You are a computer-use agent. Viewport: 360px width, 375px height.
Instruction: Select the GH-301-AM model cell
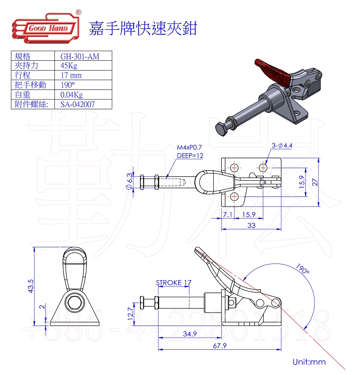coord(80,56)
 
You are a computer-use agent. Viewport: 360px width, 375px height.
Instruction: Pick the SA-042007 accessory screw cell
coord(78,104)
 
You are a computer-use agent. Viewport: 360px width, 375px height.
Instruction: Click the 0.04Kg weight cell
coord(72,95)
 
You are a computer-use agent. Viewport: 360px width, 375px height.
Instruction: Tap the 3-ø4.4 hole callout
coord(282,145)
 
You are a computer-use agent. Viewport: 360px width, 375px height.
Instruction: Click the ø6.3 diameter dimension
coord(130,182)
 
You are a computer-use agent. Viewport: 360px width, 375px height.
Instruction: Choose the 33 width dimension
coord(251,226)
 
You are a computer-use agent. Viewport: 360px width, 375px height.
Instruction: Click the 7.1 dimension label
coord(227,214)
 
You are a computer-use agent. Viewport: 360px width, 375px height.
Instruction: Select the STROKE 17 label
coord(173,283)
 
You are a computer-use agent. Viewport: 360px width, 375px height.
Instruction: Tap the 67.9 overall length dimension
coord(220,346)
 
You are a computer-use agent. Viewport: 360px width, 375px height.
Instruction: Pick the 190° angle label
coord(303,269)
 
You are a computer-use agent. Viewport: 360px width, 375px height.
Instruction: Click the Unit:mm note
coord(309,362)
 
